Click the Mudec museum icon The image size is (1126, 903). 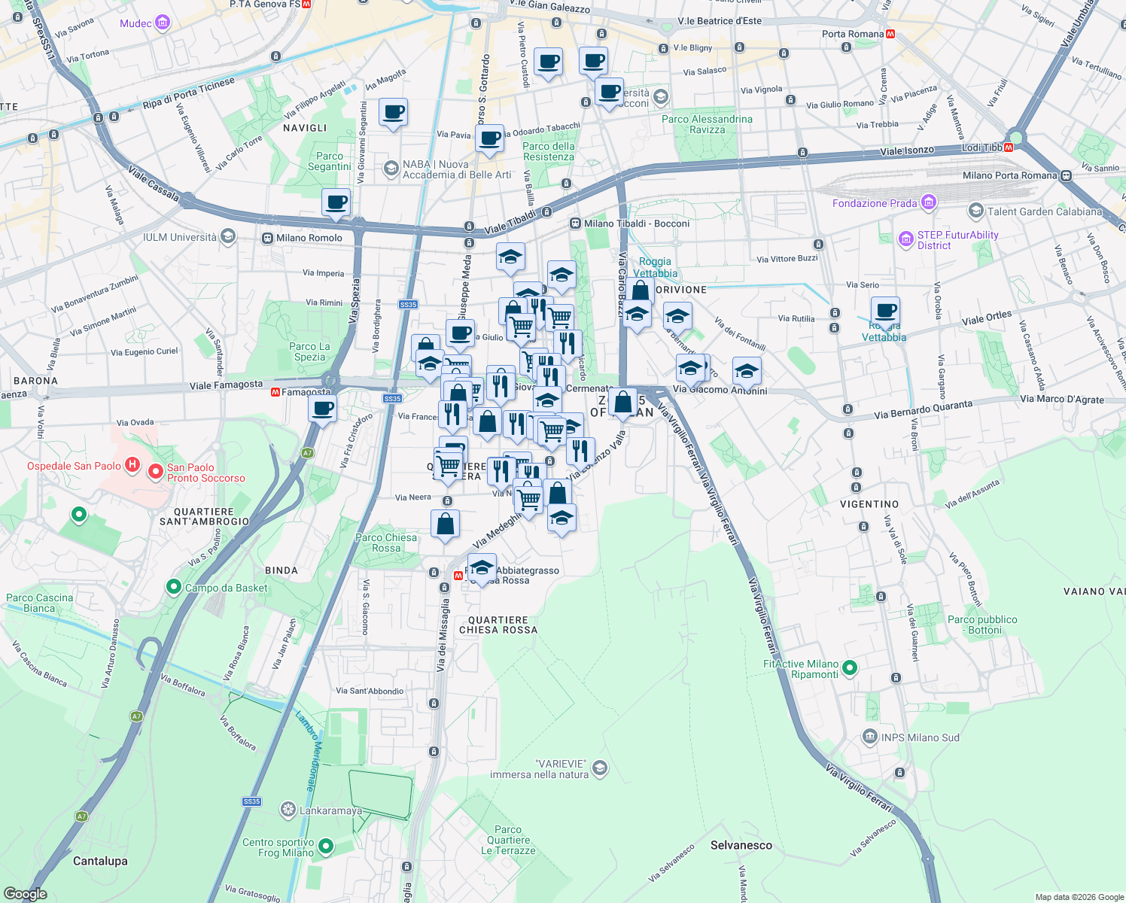163,23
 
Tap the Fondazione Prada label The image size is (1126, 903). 875,203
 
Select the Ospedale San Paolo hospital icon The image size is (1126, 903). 132,465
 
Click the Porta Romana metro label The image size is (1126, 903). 853,34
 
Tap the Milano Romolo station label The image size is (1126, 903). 309,238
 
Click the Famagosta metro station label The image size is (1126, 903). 306,392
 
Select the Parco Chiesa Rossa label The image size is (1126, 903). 386,543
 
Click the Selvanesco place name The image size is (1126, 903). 741,845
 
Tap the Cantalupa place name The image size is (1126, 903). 100,861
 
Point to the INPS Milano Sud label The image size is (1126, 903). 920,737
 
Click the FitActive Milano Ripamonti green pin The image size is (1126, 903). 850,667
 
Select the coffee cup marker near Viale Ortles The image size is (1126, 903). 886,310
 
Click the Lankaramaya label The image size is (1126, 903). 330,810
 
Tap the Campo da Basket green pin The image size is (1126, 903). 174,587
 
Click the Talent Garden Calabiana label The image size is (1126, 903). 1045,211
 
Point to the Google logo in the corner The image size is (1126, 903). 26,893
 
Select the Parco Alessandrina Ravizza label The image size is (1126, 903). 707,124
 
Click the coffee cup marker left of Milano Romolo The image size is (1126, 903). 336,202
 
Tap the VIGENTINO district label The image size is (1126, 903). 869,504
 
